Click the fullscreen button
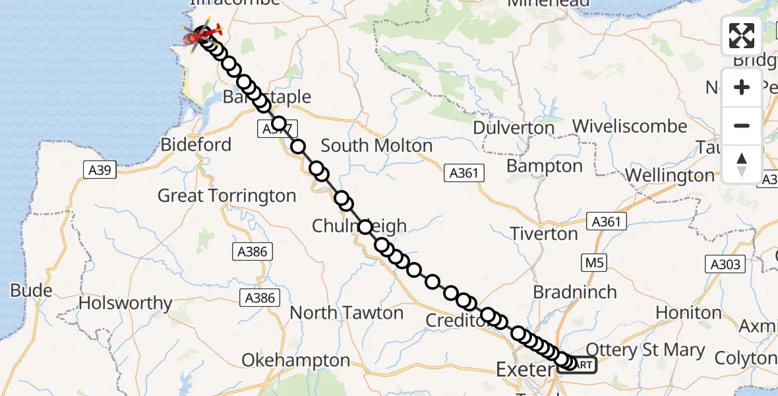[x=742, y=36]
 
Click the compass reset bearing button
[x=742, y=164]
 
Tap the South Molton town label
[x=376, y=145]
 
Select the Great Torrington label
[x=227, y=195]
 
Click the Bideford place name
[x=196, y=145]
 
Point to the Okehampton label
[x=295, y=360]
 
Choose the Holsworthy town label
[x=125, y=304]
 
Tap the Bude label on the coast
[x=32, y=290]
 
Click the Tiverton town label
[x=545, y=234]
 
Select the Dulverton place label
[x=514, y=127]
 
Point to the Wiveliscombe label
[x=630, y=126]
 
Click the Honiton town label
[x=690, y=312]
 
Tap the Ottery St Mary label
[x=645, y=350]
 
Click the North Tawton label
[x=346, y=312]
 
